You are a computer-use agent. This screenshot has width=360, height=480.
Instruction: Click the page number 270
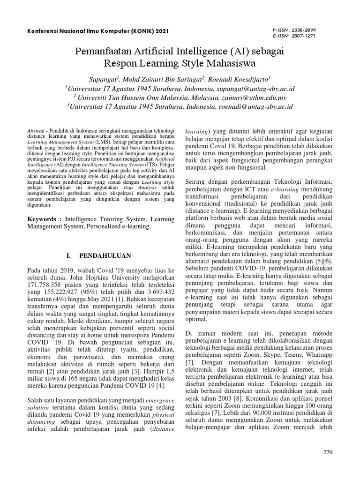(328, 452)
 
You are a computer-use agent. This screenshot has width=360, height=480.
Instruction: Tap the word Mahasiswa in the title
(229, 62)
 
